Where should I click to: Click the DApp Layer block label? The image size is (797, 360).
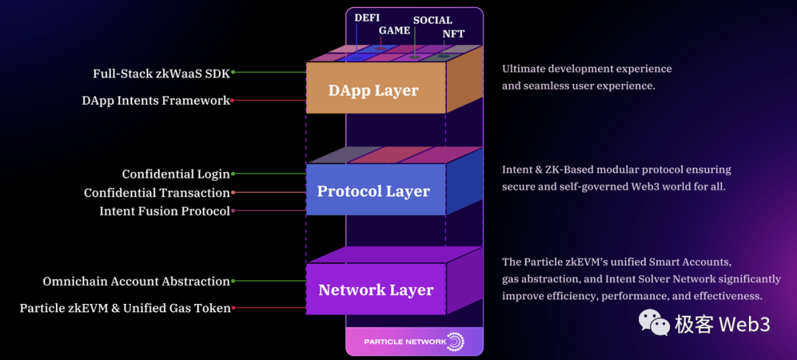click(373, 91)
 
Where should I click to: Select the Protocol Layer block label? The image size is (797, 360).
click(373, 191)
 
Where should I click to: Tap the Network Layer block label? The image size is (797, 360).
click(376, 290)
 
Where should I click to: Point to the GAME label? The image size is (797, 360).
click(395, 30)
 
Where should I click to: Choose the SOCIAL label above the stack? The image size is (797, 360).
click(432, 20)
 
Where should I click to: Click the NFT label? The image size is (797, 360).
click(454, 34)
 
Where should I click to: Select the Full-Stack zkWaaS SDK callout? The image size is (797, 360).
click(161, 73)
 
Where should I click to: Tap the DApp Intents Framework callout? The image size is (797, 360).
click(156, 100)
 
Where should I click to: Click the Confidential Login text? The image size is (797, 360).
click(176, 174)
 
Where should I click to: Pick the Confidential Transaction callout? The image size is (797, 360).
click(156, 193)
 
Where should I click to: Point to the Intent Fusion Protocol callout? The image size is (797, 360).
click(165, 211)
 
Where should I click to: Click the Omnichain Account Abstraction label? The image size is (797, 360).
click(137, 281)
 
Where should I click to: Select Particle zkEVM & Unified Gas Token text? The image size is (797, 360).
click(125, 308)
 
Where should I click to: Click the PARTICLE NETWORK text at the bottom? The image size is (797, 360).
click(405, 342)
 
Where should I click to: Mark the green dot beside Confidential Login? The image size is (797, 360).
click(233, 174)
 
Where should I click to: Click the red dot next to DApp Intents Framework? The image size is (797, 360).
click(233, 100)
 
